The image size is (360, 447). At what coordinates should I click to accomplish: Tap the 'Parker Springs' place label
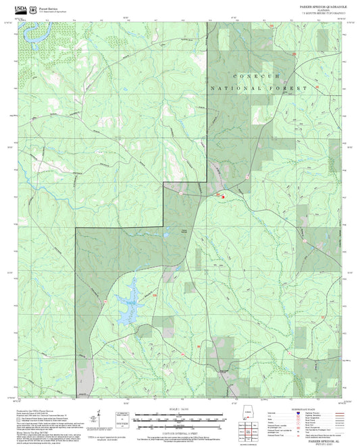click(x=184, y=233)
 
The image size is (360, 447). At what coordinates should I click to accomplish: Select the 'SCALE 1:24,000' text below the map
click(x=180, y=409)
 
